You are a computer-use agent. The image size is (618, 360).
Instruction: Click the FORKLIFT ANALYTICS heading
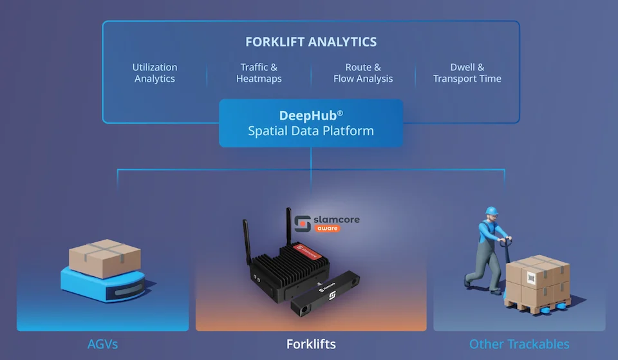(x=311, y=42)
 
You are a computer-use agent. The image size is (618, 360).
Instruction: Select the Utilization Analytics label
(x=154, y=73)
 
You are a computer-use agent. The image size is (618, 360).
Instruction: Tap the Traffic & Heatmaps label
(x=259, y=73)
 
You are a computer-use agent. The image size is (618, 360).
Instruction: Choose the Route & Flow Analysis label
(x=363, y=73)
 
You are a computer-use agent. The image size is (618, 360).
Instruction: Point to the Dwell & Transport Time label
(x=467, y=73)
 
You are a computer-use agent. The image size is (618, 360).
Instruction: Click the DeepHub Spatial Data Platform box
(x=311, y=123)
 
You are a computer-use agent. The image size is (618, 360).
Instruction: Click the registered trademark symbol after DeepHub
(x=340, y=113)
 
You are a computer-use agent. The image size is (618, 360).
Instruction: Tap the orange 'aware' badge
(x=327, y=229)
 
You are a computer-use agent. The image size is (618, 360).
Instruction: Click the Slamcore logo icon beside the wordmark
(x=303, y=223)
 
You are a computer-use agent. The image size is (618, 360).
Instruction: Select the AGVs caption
(x=102, y=345)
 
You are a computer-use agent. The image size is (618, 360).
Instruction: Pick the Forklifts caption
(x=311, y=345)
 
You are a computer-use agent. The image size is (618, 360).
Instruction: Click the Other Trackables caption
(x=519, y=345)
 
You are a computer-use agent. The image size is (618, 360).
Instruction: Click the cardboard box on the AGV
(x=105, y=258)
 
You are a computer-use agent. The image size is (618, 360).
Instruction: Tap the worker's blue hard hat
(x=491, y=211)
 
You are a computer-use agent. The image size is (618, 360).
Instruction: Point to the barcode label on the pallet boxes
(x=531, y=278)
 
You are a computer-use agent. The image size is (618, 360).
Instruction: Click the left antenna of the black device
(x=247, y=242)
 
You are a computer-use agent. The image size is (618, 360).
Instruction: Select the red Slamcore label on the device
(x=307, y=251)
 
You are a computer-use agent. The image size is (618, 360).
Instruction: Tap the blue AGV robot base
(x=103, y=284)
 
